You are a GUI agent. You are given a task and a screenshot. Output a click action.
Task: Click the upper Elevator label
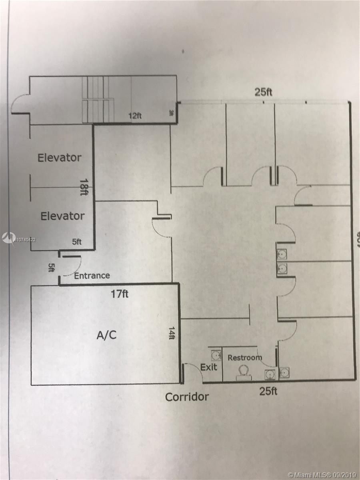[x=59, y=158]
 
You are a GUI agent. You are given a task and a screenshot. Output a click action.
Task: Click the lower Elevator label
[x=62, y=216]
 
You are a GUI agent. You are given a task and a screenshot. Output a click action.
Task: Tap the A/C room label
[x=107, y=335]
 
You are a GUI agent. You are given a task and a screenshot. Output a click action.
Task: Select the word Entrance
[x=92, y=276]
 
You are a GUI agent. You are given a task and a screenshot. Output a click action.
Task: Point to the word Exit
[x=208, y=367]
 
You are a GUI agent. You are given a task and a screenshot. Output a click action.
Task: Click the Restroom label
[x=245, y=358]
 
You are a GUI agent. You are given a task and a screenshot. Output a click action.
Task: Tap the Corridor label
[x=187, y=397]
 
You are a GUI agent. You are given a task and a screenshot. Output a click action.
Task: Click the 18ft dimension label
[x=84, y=186]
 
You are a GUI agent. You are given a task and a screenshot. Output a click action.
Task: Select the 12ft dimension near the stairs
[x=135, y=116]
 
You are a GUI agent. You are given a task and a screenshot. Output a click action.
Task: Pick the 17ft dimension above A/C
[x=120, y=294]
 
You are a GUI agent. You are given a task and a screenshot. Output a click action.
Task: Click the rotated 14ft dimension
[x=172, y=333]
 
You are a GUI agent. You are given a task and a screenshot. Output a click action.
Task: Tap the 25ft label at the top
[x=264, y=92]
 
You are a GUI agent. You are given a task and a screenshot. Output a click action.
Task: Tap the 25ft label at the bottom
[x=268, y=391]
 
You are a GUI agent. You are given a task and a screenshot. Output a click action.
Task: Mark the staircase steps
[x=96, y=100]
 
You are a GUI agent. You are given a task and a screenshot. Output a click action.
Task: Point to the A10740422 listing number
[x=25, y=240]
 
